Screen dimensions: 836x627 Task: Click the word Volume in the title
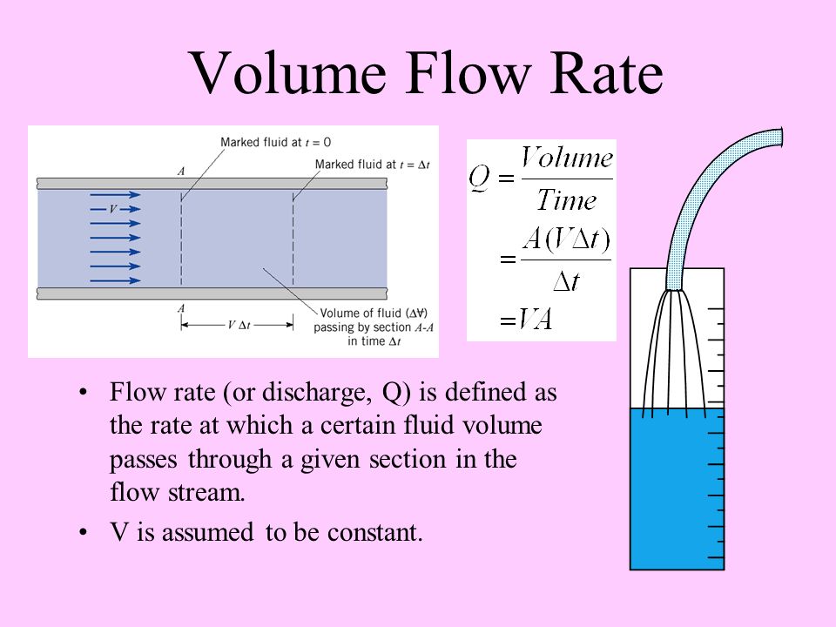click(288, 73)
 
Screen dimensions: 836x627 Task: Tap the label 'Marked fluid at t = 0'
click(276, 142)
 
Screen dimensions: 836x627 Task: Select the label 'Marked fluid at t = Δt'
click(372, 165)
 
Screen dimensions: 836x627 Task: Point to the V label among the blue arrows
click(112, 209)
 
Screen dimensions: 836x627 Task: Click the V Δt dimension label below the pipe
click(239, 325)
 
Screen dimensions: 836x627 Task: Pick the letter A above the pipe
click(181, 172)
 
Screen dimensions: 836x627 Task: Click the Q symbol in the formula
click(479, 177)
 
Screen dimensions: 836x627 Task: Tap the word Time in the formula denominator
click(566, 200)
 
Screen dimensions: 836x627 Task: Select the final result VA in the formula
click(535, 320)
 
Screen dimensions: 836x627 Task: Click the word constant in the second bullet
click(374, 532)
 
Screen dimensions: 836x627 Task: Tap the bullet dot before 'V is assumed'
click(83, 533)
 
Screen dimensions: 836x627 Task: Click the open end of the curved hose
click(780, 138)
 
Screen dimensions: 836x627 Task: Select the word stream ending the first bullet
click(206, 493)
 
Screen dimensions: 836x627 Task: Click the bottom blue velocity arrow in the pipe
click(116, 280)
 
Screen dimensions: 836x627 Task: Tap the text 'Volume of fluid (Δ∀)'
click(374, 313)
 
